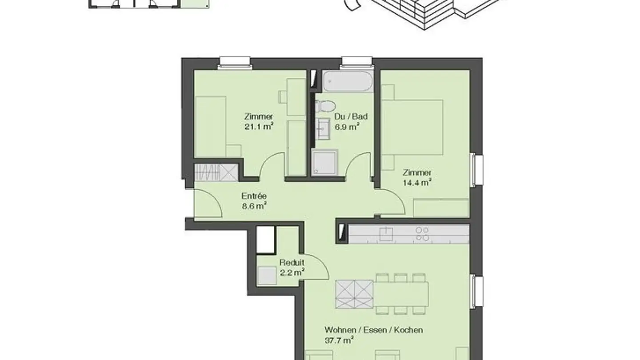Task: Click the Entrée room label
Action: [x=254, y=196]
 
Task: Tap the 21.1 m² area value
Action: [x=259, y=127]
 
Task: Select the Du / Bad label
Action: [x=351, y=116]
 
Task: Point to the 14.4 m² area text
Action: [x=417, y=183]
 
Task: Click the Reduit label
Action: [x=292, y=262]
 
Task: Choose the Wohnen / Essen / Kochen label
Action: [x=374, y=330]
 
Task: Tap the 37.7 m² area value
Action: [x=339, y=340]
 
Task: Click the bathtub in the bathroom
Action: [x=348, y=81]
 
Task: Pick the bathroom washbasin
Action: [x=323, y=129]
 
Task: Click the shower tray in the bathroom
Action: [x=324, y=162]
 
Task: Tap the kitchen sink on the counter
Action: [x=386, y=234]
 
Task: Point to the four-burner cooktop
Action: [x=422, y=234]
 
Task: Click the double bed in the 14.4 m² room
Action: [x=412, y=127]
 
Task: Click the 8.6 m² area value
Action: [x=254, y=206]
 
